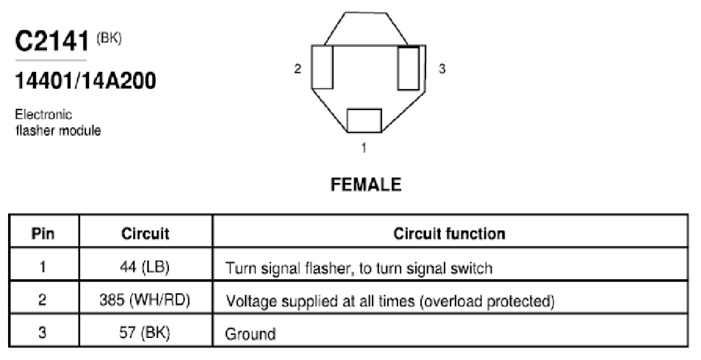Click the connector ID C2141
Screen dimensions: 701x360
[53, 41]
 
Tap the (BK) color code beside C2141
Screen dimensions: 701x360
[109, 38]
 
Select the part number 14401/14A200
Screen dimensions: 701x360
[85, 81]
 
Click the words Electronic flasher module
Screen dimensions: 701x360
[58, 123]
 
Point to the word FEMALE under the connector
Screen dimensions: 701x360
[366, 184]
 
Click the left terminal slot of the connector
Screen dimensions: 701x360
[323, 67]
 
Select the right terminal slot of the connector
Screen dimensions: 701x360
[409, 68]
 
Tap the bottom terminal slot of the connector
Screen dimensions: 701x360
[364, 120]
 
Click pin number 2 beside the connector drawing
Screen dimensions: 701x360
[298, 69]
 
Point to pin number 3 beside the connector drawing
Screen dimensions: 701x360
[442, 69]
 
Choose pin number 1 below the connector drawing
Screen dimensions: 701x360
[364, 148]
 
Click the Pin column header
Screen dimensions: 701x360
[43, 234]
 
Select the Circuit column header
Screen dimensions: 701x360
[145, 234]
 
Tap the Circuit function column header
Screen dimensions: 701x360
[449, 234]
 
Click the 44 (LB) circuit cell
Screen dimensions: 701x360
[145, 267]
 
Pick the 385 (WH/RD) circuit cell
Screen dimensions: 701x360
[145, 300]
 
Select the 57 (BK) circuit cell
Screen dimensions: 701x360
[145, 333]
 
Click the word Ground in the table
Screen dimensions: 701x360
[251, 334]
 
